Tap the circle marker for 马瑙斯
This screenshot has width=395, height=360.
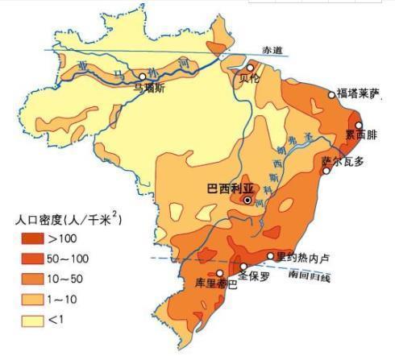tap(143, 76)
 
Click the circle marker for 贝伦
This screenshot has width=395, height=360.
tap(251, 68)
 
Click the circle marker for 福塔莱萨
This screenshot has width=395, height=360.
tap(331, 94)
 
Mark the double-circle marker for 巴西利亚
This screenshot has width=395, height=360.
tap(247, 200)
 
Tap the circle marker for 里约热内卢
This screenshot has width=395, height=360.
tap(271, 256)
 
